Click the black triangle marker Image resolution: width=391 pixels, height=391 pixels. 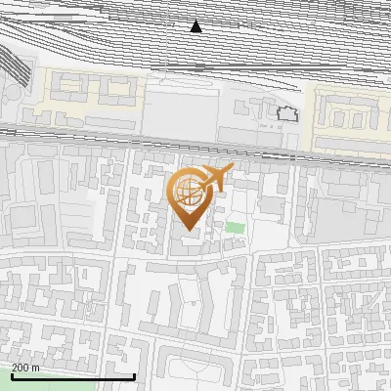[196, 26]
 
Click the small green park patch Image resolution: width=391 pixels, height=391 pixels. [235, 228]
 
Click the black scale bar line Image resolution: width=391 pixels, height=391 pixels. [73, 376]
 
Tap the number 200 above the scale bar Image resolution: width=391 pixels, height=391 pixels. [20, 367]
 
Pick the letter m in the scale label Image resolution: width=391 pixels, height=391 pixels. [36, 367]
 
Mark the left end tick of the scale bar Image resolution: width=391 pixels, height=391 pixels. [13, 374]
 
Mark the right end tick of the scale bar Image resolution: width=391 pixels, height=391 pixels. [134, 374]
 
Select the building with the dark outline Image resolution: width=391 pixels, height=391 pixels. [286, 113]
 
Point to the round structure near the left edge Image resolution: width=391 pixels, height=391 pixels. [9, 97]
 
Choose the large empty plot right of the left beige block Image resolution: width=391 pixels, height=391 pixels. [181, 103]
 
